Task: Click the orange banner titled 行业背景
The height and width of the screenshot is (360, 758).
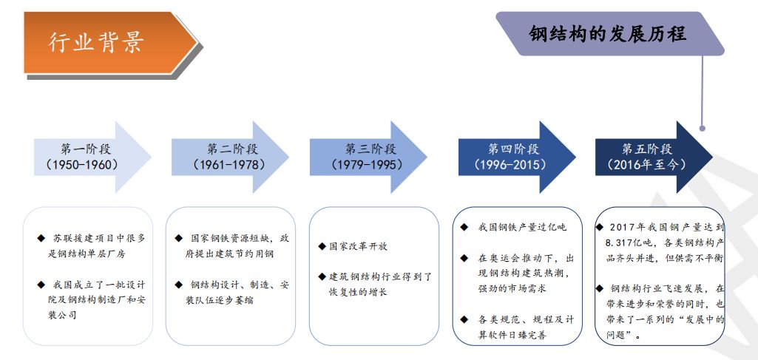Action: click(x=104, y=42)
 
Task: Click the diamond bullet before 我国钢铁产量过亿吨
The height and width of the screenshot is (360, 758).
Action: click(x=464, y=227)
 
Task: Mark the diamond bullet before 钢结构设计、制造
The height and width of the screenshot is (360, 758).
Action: click(x=178, y=285)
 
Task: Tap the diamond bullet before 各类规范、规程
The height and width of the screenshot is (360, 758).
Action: click(x=464, y=319)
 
